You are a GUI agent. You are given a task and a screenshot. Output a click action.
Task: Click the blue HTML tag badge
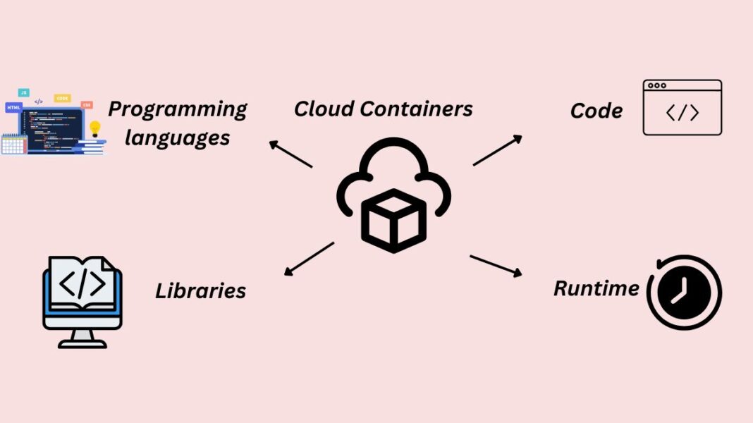tap(13, 107)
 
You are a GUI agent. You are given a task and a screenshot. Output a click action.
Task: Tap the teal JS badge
tap(23, 92)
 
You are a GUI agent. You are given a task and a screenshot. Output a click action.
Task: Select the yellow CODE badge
tap(62, 99)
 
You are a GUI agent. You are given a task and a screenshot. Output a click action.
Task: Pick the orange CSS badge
tap(86, 105)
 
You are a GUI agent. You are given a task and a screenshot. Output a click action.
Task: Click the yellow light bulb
tap(94, 128)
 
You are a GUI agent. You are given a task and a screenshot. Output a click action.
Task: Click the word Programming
tap(177, 109)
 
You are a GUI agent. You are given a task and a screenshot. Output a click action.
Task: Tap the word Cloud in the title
tap(323, 109)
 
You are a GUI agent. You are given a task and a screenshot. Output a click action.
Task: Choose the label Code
tap(596, 111)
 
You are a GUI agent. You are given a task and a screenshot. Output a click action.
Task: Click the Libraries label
tap(200, 290)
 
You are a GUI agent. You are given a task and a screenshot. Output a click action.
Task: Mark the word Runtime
tap(596, 288)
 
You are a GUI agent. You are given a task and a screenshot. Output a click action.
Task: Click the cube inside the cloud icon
tap(393, 220)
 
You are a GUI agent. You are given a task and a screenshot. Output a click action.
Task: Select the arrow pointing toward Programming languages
tap(290, 154)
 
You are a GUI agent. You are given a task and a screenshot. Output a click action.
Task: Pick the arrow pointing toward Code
tap(498, 150)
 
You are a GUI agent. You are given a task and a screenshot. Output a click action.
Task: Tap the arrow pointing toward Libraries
tap(308, 259)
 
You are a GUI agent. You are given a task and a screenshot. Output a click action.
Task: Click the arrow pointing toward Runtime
tap(496, 265)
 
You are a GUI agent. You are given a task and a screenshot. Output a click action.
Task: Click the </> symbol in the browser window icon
tap(682, 113)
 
